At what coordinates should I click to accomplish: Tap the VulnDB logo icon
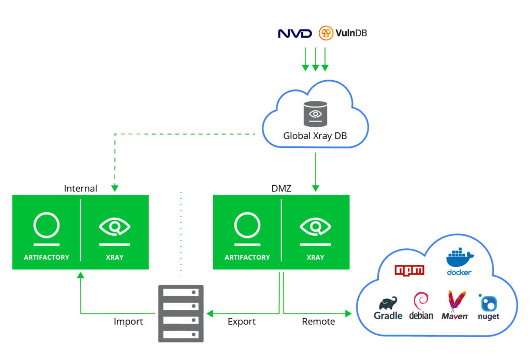(327, 34)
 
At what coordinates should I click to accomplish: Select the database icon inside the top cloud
(315, 114)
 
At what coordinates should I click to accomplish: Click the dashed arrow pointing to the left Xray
(115, 166)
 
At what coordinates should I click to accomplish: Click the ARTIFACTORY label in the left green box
(46, 257)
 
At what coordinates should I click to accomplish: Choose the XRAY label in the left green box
(114, 257)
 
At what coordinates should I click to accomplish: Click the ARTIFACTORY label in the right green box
(247, 257)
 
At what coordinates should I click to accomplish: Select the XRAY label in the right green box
(315, 257)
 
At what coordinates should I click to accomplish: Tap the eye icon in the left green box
(114, 227)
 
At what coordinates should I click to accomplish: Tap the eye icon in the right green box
(315, 227)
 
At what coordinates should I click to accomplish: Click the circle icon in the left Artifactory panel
(47, 226)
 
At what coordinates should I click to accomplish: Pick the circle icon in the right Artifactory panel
(247, 226)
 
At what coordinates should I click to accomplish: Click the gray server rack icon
(181, 313)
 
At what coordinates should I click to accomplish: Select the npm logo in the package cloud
(409, 270)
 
